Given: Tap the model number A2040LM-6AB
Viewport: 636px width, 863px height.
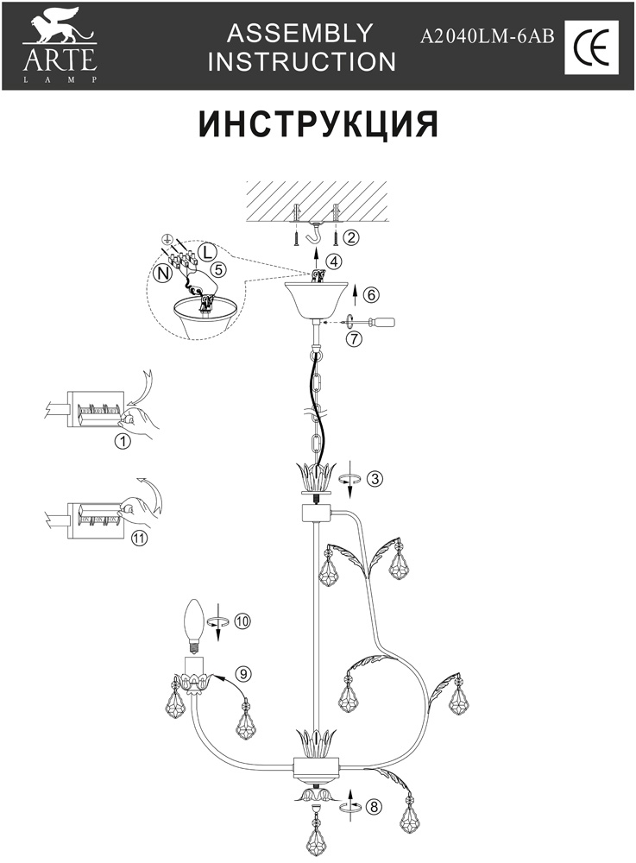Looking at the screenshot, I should pyautogui.click(x=487, y=37).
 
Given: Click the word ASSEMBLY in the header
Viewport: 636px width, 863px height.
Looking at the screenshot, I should pyautogui.click(x=299, y=34).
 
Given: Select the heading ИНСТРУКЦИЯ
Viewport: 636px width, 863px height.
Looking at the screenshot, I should pyautogui.click(x=318, y=123).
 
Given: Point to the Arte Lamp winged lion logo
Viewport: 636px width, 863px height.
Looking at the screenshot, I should pyautogui.click(x=58, y=31).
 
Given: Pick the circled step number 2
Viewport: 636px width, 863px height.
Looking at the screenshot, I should pyautogui.click(x=350, y=236).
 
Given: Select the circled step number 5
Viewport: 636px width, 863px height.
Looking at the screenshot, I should pyautogui.click(x=219, y=269).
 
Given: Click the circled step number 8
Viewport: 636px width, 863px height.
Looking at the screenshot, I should pyautogui.click(x=373, y=807).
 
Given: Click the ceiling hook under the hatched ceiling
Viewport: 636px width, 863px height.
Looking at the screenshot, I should pyautogui.click(x=318, y=233).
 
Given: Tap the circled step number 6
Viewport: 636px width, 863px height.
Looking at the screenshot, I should pyautogui.click(x=371, y=294).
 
